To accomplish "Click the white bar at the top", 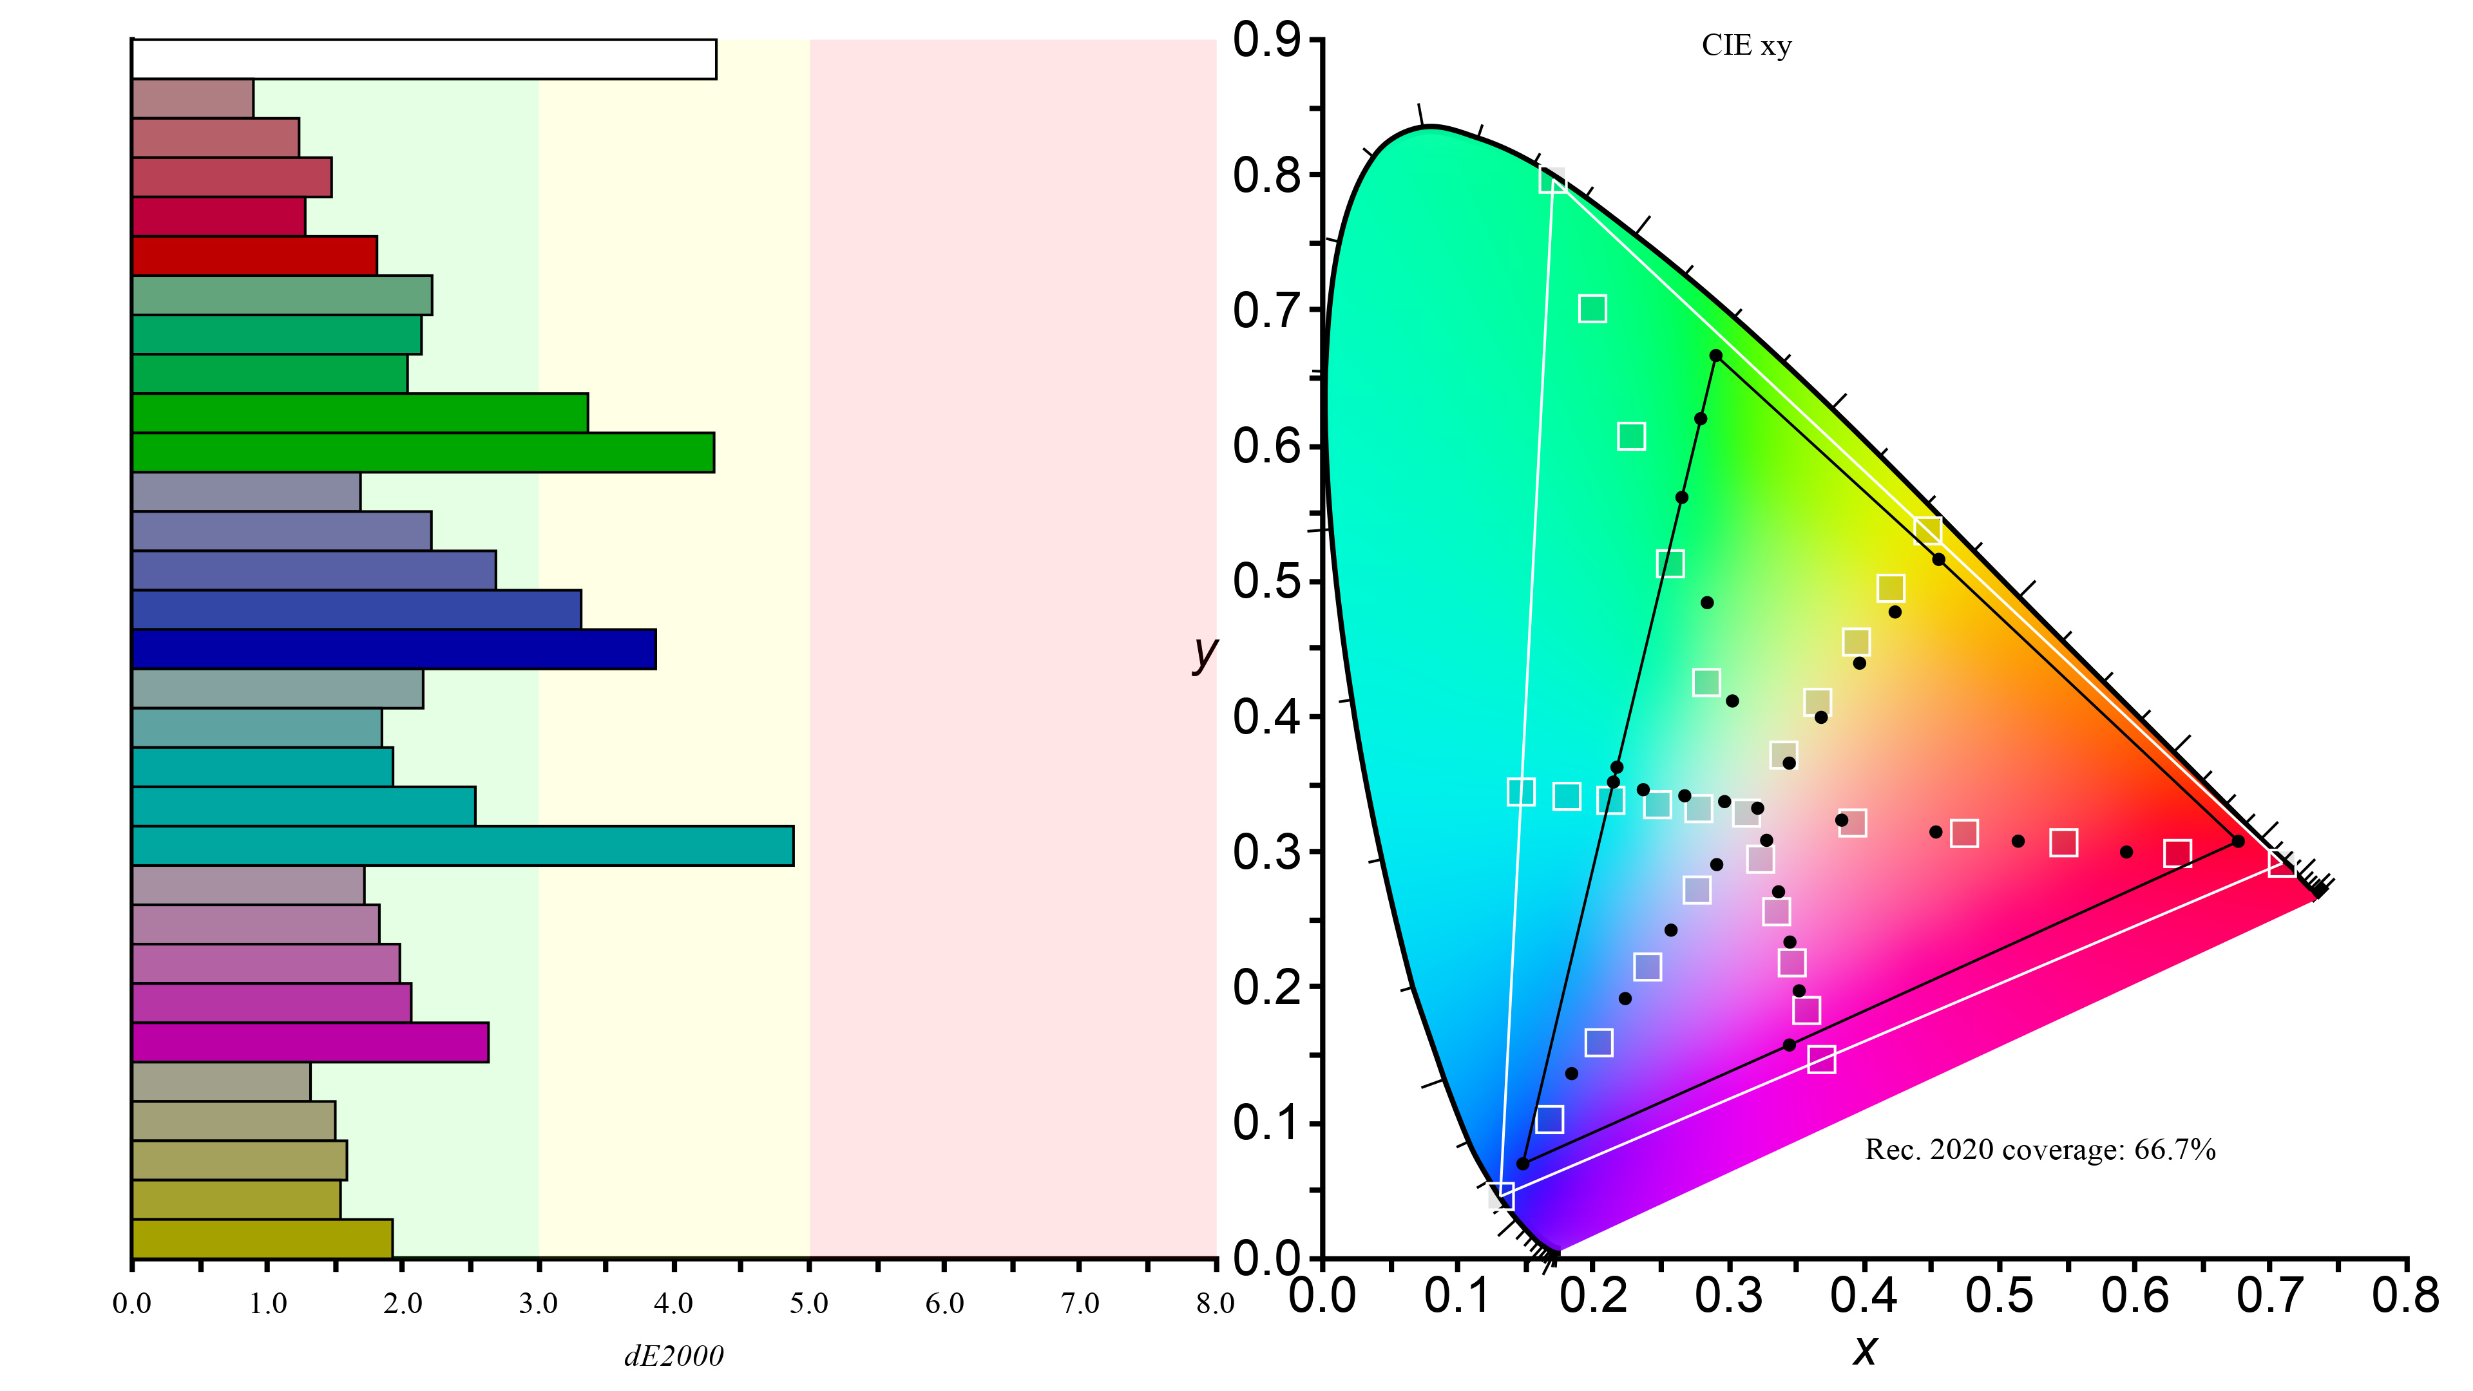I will [423, 59].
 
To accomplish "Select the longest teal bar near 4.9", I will [463, 846].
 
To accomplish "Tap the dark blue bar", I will [394, 649].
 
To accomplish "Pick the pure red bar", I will [254, 256].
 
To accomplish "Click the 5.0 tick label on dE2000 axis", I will [808, 1303].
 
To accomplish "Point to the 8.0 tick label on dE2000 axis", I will [1214, 1303].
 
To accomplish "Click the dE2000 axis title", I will [674, 1356].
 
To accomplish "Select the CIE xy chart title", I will [1746, 46].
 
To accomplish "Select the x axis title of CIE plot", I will [1864, 1350].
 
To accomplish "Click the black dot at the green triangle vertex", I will [1715, 356].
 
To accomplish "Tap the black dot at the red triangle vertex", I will [2238, 841].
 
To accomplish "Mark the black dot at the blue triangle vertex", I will [1523, 1164].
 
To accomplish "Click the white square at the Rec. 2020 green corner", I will [1552, 180].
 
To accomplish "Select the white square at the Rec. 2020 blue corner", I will [1502, 1195].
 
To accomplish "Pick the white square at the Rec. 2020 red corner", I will [2282, 863].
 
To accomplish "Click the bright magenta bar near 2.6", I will [310, 1043].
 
